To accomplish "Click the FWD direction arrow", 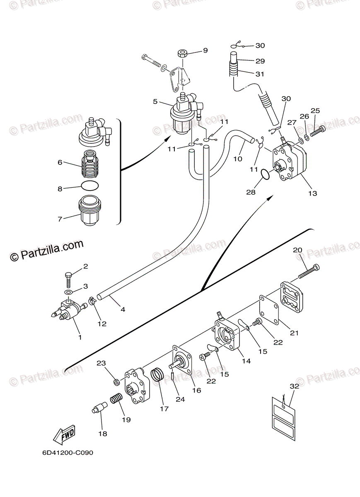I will [64, 435].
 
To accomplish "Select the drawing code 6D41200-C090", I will [68, 453].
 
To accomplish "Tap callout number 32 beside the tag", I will [294, 386].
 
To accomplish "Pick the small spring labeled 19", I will [117, 400].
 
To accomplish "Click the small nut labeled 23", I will [117, 381].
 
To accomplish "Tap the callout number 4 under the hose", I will [123, 309].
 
